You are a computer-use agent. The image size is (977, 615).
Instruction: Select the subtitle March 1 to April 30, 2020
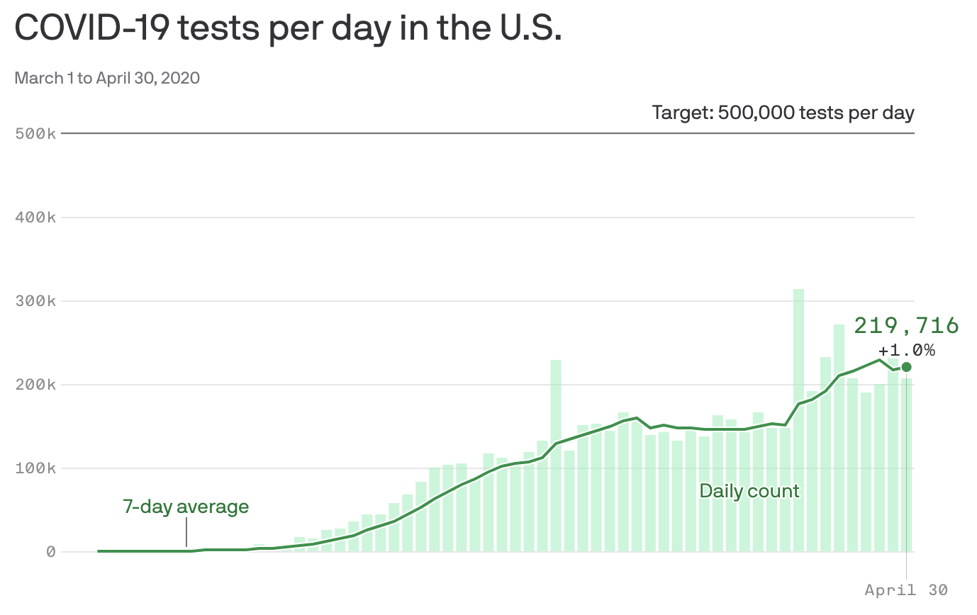107,78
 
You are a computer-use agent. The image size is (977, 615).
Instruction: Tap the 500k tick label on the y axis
35,133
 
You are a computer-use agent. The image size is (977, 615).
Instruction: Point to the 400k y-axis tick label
35,218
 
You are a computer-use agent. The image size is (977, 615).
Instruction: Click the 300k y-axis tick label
35,301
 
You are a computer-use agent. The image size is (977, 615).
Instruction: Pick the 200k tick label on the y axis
35,385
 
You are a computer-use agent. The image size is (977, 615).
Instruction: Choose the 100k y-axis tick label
35,468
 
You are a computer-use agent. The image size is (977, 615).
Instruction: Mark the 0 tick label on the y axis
51,552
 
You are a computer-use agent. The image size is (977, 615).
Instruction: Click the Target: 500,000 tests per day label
783,113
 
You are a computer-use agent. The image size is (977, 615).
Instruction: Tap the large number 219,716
906,326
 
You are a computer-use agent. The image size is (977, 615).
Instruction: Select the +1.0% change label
906,350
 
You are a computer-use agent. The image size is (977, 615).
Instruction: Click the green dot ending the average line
906,367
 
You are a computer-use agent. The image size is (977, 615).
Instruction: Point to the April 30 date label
906,589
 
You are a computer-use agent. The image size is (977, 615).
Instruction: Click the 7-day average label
186,507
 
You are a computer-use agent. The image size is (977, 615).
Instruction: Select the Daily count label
749,491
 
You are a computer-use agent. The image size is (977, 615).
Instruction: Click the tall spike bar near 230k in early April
556,453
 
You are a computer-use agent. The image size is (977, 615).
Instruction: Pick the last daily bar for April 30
907,468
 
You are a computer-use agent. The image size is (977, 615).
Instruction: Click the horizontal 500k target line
425,133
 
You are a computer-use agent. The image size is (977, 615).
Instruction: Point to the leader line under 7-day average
186,532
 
